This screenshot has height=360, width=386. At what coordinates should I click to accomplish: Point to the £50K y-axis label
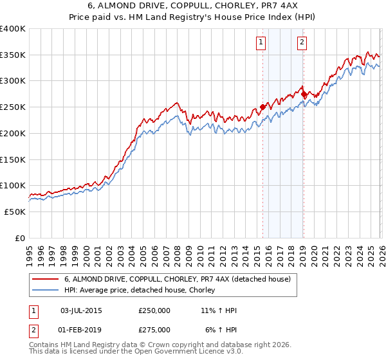tap(13, 212)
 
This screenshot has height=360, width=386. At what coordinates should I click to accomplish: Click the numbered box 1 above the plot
tap(261, 43)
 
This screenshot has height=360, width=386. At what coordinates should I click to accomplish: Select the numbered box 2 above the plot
tap(302, 43)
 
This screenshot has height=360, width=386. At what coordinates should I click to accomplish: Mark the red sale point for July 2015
tap(262, 107)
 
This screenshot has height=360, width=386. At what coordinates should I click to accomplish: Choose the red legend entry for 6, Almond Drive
tap(178, 279)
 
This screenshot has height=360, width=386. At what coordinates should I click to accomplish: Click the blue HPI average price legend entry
tap(142, 290)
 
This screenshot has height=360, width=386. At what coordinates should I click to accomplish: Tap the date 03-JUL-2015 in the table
tap(81, 310)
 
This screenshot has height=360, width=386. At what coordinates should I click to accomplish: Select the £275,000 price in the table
tap(154, 329)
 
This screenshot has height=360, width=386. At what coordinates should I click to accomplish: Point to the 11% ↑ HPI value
tap(219, 310)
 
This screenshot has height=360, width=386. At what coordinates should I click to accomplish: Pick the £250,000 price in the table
tap(154, 310)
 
